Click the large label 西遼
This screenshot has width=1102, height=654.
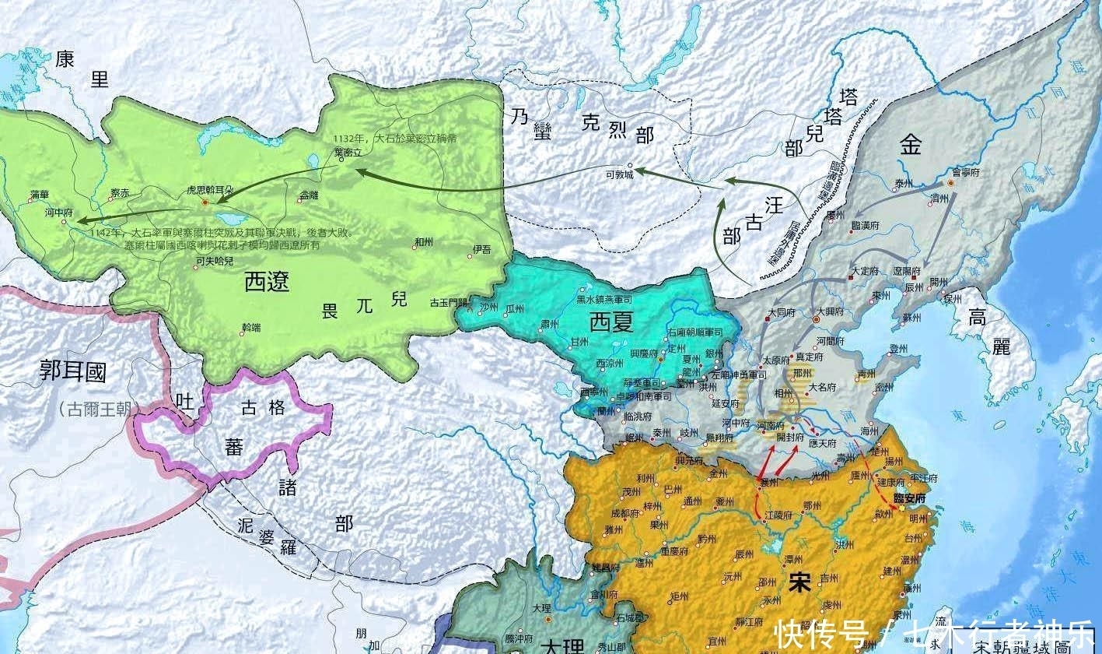[267, 281]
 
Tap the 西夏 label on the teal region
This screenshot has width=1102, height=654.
[611, 321]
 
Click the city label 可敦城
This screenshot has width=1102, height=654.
[620, 175]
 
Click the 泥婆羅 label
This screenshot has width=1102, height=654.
[267, 536]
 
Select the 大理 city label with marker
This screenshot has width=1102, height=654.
[542, 607]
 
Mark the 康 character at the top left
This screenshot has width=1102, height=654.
[65, 59]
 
